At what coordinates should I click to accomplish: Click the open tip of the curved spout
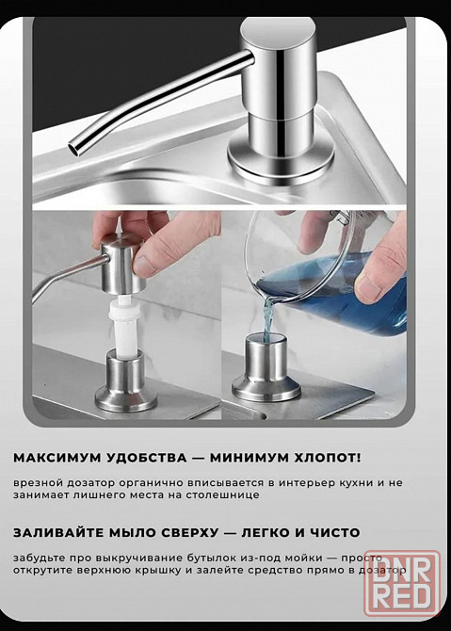[x=75, y=148]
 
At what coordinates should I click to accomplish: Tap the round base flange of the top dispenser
[x=282, y=160]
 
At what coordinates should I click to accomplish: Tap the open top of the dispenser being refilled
[x=266, y=338]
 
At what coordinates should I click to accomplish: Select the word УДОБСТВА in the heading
[x=148, y=458]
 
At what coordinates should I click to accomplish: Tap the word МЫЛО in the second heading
[x=132, y=533]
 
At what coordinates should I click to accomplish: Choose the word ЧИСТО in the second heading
[x=335, y=533]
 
